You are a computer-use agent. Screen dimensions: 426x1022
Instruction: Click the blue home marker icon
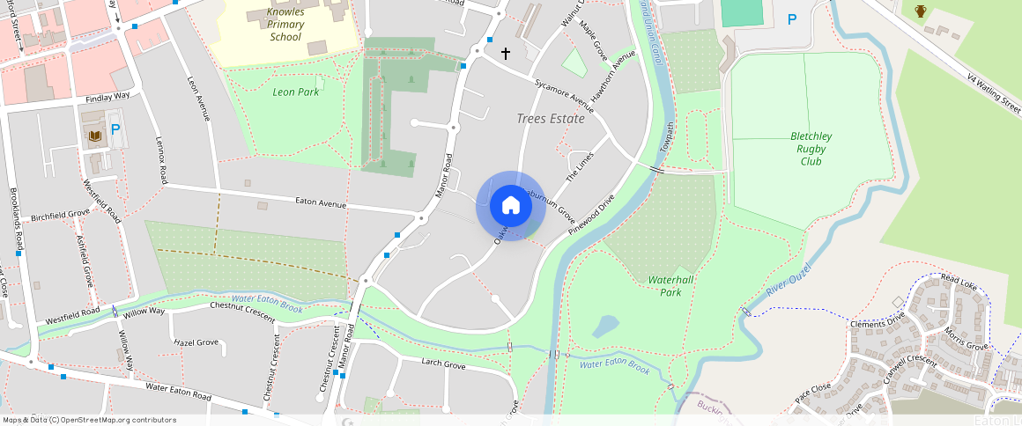[510, 206]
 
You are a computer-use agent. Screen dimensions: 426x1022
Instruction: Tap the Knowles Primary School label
[285, 25]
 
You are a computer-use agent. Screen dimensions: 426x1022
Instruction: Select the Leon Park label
[296, 92]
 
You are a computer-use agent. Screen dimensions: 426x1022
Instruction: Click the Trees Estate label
[551, 118]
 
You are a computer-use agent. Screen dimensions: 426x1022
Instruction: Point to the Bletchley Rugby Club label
[811, 149]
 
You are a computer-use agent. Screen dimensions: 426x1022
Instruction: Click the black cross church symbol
[506, 54]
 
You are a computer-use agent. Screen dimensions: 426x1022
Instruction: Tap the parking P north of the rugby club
[791, 18]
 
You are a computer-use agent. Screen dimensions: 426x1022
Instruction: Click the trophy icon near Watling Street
[921, 11]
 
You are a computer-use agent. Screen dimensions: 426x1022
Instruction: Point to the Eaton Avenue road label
[320, 204]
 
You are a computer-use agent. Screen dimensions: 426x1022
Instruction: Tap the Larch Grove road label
[442, 364]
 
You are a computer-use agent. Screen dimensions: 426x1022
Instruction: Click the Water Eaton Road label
[181, 390]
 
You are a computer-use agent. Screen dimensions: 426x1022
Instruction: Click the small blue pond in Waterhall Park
[605, 327]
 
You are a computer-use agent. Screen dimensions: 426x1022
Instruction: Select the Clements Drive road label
[877, 324]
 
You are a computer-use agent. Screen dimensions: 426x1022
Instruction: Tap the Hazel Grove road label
[196, 342]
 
